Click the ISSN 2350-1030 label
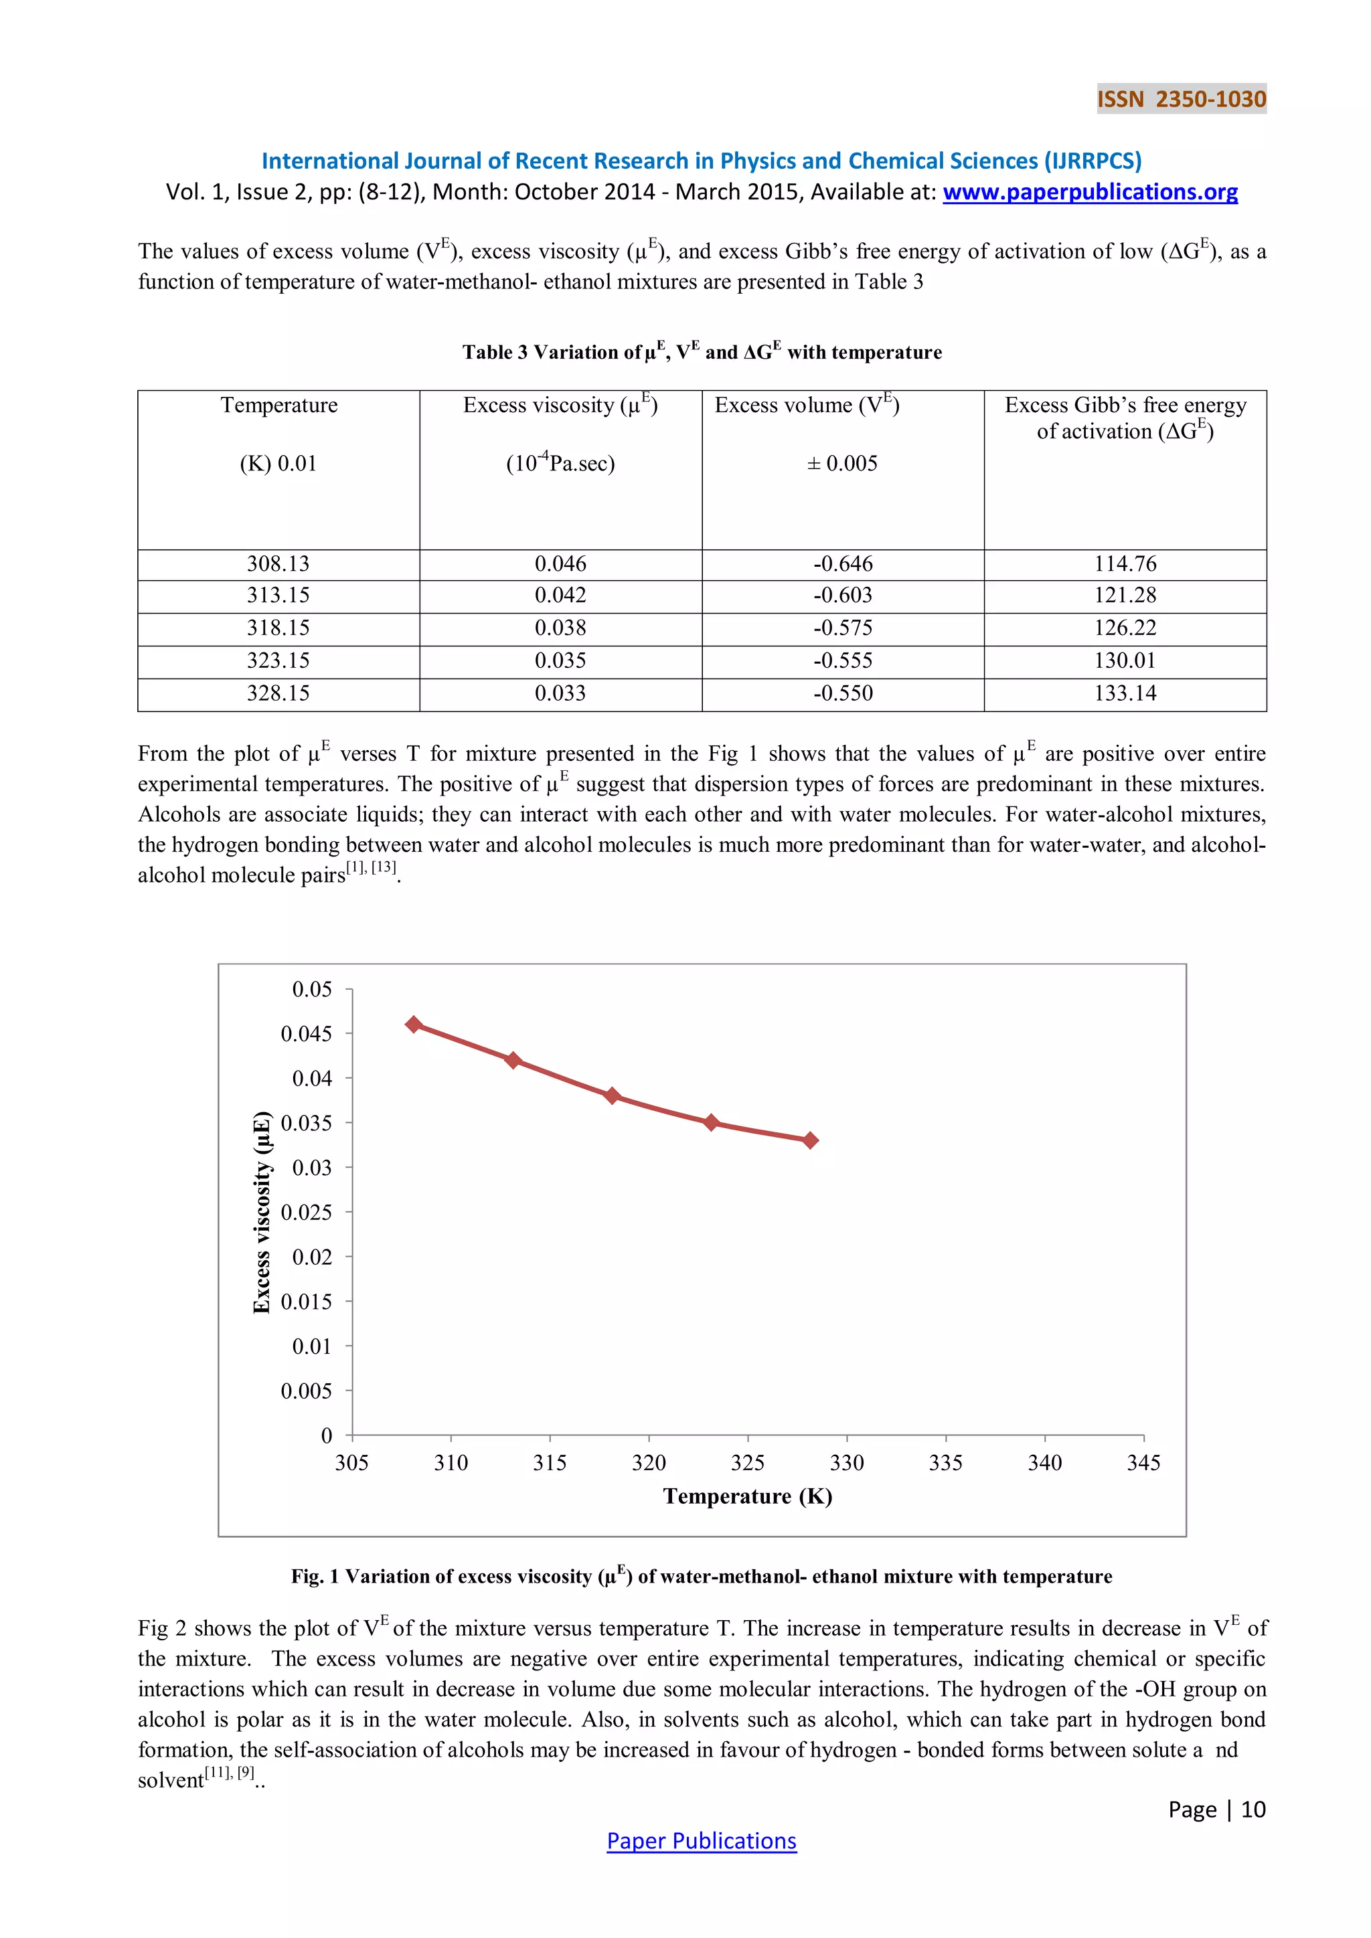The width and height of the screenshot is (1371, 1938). tap(1181, 99)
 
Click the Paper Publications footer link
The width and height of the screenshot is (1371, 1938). tap(702, 1840)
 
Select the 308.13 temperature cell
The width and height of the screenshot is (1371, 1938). tap(278, 564)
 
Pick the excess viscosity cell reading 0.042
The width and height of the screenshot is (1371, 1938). tap(560, 596)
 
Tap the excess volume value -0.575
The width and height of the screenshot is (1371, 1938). tap(843, 628)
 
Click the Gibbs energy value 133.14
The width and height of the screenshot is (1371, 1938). tap(1125, 693)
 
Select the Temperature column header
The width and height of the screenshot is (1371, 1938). tap(278, 405)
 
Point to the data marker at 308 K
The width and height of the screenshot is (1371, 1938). tap(414, 1025)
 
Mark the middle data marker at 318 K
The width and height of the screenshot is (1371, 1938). tap(612, 1095)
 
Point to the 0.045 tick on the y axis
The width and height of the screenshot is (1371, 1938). tap(307, 1034)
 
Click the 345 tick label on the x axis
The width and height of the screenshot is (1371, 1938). tap(1143, 1463)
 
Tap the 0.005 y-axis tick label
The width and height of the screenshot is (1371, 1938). tap(307, 1391)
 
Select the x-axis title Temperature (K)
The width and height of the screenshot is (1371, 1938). tap(747, 1496)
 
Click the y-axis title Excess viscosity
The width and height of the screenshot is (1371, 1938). tap(262, 1212)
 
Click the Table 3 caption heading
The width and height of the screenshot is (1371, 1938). tap(702, 352)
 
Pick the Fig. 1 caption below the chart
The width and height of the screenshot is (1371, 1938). tap(702, 1576)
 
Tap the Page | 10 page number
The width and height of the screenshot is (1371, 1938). tap(1216, 1809)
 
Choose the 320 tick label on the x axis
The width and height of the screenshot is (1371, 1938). tap(649, 1463)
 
